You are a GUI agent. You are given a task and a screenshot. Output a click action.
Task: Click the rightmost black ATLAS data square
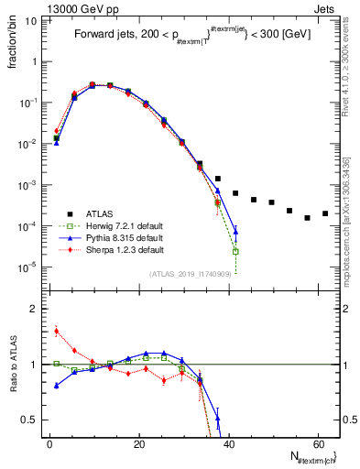[x=325, y=213]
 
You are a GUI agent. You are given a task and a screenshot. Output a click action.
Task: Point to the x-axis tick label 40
[x=228, y=443]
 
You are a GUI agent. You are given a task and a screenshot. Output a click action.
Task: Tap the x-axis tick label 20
[x=138, y=443]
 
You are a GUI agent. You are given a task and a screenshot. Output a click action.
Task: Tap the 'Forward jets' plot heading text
[x=103, y=35]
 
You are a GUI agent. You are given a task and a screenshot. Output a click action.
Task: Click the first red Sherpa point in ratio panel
[x=57, y=332]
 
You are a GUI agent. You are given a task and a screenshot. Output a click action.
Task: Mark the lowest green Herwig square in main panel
[x=235, y=251]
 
